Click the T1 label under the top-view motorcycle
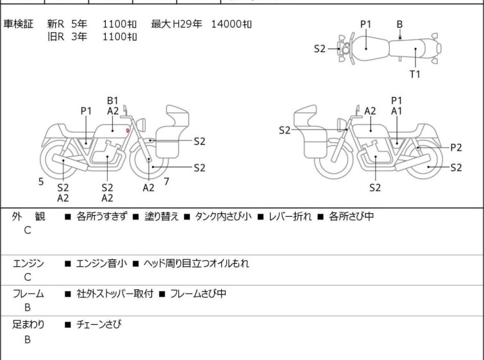415,74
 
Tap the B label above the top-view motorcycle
399,24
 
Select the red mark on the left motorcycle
128,131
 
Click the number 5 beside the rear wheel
41,182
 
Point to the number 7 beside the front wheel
167,182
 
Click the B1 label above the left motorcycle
113,101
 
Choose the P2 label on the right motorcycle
456,148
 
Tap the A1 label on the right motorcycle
397,111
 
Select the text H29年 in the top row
187,24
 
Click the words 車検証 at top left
18,24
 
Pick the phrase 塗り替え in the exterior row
162,216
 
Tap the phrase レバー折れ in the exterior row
290,216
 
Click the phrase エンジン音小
101,264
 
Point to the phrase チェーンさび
99,324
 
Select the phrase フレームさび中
198,293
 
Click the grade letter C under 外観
28,230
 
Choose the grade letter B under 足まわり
28,339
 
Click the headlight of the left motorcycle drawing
141,125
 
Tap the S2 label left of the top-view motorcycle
319,49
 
